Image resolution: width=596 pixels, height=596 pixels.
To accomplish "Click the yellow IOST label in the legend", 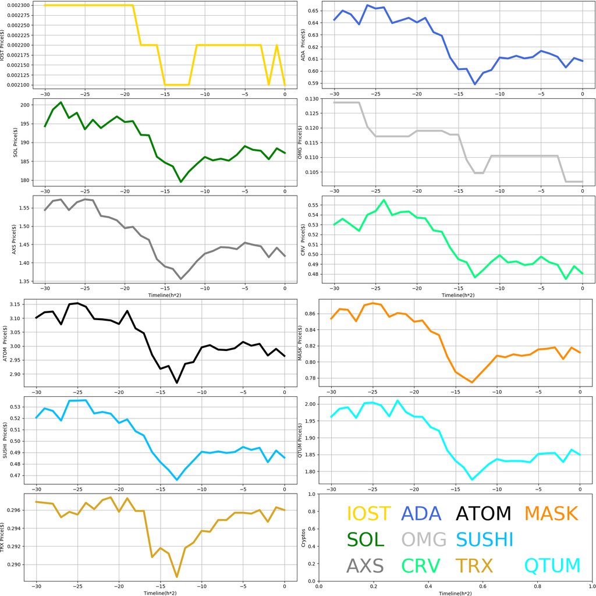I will [x=368, y=514].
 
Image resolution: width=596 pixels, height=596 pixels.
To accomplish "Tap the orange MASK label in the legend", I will [x=551, y=514].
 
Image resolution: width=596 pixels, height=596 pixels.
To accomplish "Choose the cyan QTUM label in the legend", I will [x=552, y=566].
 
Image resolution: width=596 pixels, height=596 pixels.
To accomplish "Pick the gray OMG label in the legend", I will [x=424, y=540].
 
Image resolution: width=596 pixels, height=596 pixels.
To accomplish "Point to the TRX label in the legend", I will [x=474, y=566].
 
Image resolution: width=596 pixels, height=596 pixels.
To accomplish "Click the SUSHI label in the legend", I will [x=484, y=540].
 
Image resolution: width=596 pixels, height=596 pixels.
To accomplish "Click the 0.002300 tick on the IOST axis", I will [x=19, y=5].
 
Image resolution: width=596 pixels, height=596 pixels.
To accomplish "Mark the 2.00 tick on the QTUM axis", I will [x=309, y=404].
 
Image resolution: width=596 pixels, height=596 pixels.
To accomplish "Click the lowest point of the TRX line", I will [x=176, y=577].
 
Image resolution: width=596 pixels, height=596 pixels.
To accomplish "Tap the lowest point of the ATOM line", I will [x=177, y=382].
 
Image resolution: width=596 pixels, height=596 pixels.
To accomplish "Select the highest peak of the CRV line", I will [x=384, y=200].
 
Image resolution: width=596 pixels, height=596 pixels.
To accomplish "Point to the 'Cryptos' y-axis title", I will [x=302, y=538].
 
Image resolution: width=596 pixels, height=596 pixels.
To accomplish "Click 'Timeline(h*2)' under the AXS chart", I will [x=164, y=295].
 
